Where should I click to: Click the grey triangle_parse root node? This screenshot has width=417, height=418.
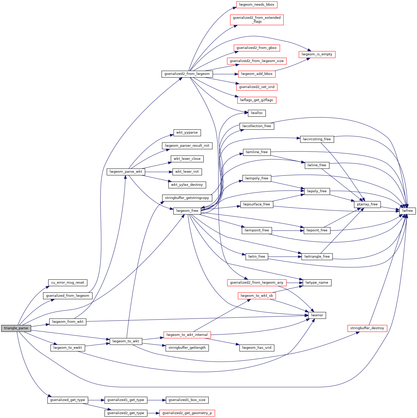16,328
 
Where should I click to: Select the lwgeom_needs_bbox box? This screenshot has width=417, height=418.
257,5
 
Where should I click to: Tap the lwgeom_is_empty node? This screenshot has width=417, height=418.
317,54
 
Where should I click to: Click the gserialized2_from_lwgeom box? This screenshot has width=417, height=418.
187,74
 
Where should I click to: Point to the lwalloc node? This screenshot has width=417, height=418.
257,113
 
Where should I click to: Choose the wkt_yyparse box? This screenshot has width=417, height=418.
187,133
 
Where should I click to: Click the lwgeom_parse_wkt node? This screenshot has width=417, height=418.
126,172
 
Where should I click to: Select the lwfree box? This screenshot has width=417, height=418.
407,211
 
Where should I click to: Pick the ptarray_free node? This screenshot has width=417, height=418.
367,204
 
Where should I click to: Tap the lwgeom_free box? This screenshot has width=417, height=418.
187,211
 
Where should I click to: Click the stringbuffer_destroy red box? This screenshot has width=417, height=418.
367,328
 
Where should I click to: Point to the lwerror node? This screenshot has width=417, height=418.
317,315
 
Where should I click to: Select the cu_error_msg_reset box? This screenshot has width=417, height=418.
68,283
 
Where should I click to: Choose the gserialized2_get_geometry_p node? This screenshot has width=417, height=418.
187,413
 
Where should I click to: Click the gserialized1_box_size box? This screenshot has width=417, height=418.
187,400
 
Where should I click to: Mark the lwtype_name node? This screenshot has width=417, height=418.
317,283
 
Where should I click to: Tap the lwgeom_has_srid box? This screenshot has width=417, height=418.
257,348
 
